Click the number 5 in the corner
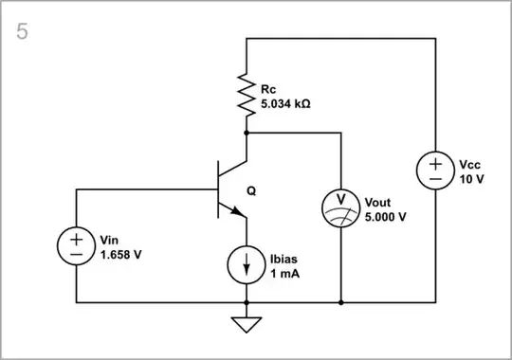(x=22, y=31)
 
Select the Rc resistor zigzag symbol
(x=247, y=96)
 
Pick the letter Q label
(x=251, y=189)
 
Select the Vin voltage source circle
(x=76, y=246)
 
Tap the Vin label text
(x=111, y=241)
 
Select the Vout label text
(x=379, y=203)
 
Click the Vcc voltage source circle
(x=435, y=171)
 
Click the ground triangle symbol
(x=247, y=324)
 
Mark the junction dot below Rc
(x=247, y=134)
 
